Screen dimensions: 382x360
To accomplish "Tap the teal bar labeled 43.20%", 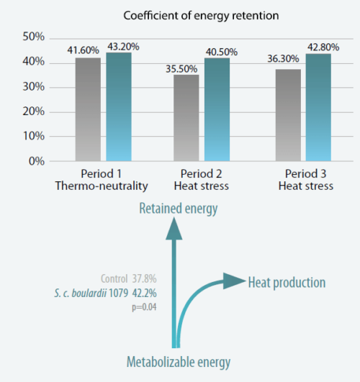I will (119, 106).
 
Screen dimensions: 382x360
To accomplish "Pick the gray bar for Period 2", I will (186, 117).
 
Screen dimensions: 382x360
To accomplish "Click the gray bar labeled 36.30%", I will (289, 115).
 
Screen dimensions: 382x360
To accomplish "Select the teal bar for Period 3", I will (318, 107).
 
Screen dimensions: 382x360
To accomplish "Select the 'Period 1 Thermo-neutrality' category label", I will (102, 180).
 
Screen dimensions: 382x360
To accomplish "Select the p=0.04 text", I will (144, 306).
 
